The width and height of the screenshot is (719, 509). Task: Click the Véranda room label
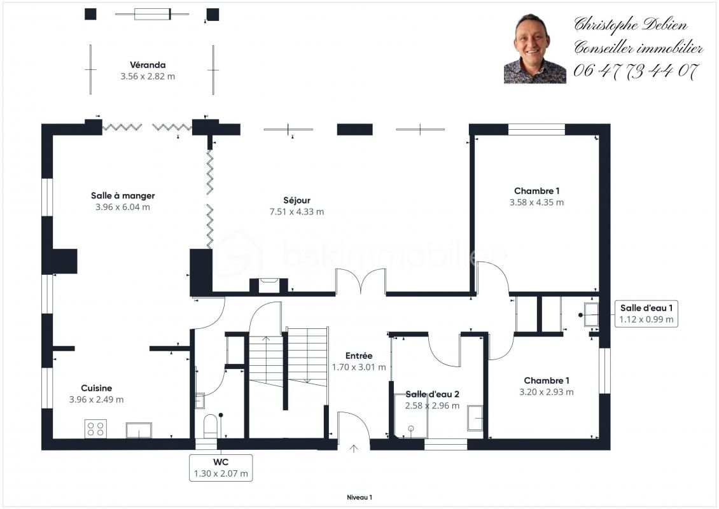pyautogui.click(x=148, y=65)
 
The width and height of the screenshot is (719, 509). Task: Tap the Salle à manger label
pyautogui.click(x=123, y=196)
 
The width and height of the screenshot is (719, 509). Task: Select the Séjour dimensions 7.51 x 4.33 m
pyautogui.click(x=297, y=212)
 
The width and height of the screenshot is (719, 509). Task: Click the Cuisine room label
pyautogui.click(x=96, y=388)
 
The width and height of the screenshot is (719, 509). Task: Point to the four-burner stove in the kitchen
pyautogui.click(x=95, y=429)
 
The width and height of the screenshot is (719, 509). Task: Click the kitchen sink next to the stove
pyautogui.click(x=139, y=430)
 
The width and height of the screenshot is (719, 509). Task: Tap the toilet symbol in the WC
pyautogui.click(x=211, y=426)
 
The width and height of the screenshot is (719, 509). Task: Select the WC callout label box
pyautogui.click(x=221, y=468)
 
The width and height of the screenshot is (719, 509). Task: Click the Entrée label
pyautogui.click(x=359, y=356)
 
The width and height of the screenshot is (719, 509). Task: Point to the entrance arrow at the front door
pyautogui.click(x=354, y=449)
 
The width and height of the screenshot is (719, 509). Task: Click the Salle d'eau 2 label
pyautogui.click(x=433, y=394)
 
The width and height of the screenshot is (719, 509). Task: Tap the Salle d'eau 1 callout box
pyautogui.click(x=646, y=314)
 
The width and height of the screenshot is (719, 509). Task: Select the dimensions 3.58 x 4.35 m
pyautogui.click(x=536, y=202)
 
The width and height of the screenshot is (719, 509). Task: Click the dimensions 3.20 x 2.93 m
pyautogui.click(x=546, y=392)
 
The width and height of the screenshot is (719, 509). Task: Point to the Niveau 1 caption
pyautogui.click(x=359, y=498)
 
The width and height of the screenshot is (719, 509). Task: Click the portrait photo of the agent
pyautogui.click(x=534, y=48)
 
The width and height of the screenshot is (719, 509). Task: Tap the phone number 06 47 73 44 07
pyautogui.click(x=636, y=71)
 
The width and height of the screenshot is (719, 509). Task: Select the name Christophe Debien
pyautogui.click(x=631, y=24)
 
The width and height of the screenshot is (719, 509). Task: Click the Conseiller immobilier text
pyautogui.click(x=638, y=47)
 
